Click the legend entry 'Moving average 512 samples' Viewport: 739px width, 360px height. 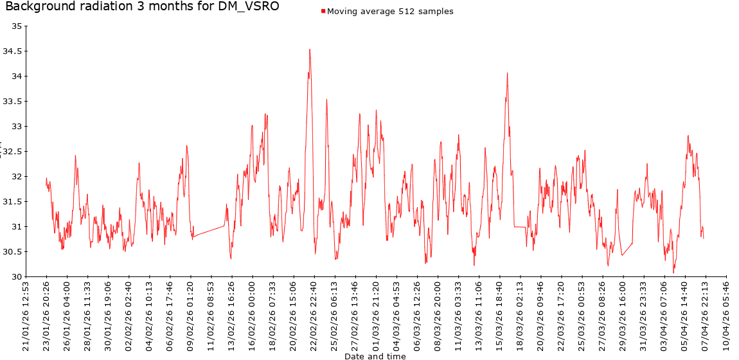[390, 12]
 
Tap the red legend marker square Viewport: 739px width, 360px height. [323, 12]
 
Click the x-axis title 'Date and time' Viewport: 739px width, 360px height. [375, 355]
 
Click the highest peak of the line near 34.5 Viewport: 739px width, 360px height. [310, 50]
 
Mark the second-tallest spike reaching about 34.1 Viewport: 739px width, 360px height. [507, 73]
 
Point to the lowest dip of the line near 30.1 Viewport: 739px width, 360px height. [673, 273]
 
